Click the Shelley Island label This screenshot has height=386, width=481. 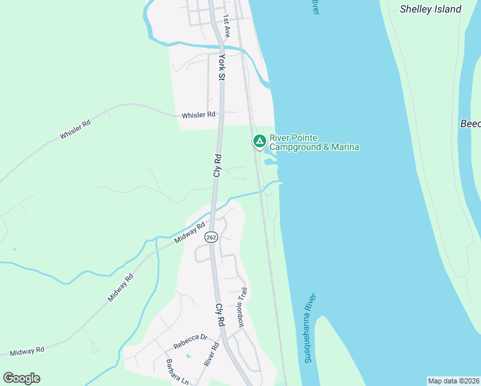pos(430,9)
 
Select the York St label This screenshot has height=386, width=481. pos(222,67)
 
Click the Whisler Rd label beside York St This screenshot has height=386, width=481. pos(198,115)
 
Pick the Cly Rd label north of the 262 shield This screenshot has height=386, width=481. pos(217,165)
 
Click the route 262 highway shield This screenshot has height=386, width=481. pos(212,237)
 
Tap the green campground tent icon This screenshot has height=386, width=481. pos(259,140)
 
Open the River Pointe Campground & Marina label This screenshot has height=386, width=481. pos(313,143)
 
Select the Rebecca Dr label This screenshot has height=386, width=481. pos(190,337)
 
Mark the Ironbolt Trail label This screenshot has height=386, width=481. pos(242,308)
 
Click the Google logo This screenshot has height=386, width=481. pos(21,378)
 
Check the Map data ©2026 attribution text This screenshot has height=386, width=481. pos(453,381)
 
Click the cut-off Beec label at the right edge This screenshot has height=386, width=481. pos(471,124)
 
